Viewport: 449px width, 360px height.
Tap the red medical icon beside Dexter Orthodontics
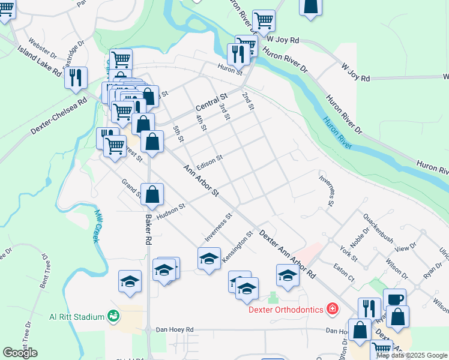click(333, 310)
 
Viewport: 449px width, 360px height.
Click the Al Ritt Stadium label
click(76, 316)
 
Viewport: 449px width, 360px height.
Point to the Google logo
click(20, 353)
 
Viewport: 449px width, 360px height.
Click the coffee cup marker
click(395, 299)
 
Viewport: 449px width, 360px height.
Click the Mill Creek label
click(97, 226)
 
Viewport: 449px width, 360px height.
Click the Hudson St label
click(171, 210)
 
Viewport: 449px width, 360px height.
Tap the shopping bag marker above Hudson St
click(152, 194)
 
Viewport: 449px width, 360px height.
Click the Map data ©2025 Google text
click(412, 355)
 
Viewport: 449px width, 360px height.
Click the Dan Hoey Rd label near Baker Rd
click(175, 329)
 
